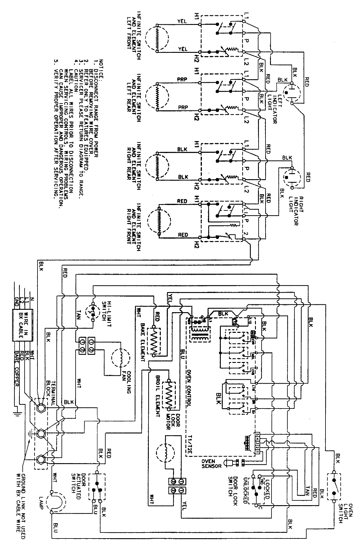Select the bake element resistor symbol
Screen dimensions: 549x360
155,342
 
